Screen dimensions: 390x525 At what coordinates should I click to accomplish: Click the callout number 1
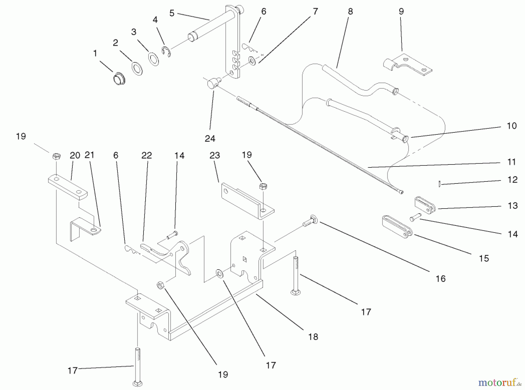[x=95, y=54]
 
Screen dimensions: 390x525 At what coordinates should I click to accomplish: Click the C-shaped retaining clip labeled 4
[x=166, y=51]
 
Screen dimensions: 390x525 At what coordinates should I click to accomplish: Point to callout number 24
[x=210, y=139]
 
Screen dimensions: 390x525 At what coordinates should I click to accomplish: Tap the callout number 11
[x=512, y=162]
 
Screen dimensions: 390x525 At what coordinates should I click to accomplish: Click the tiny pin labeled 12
[x=439, y=184]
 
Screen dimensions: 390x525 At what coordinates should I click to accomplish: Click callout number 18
[x=313, y=337]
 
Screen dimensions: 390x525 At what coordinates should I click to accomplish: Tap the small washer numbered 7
[x=252, y=62]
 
